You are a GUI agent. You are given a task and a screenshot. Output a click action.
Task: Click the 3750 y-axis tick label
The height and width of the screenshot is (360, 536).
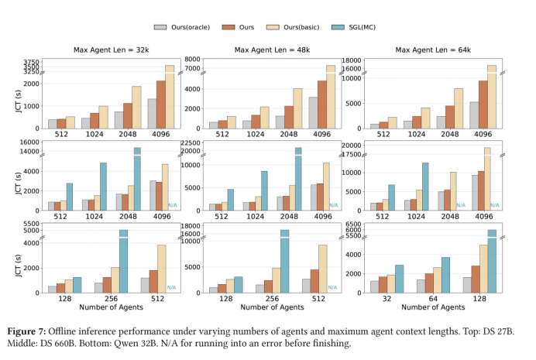coord(30,62)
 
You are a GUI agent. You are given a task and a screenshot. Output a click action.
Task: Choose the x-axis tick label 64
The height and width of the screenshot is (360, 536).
coord(432,300)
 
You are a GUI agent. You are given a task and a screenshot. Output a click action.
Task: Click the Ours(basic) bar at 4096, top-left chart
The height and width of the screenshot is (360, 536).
coord(170,97)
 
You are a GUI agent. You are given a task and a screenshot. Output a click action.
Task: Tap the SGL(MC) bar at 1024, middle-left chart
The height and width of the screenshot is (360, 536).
coord(103,187)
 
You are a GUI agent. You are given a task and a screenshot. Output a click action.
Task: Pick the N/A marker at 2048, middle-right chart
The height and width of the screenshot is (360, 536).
coord(460,205)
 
